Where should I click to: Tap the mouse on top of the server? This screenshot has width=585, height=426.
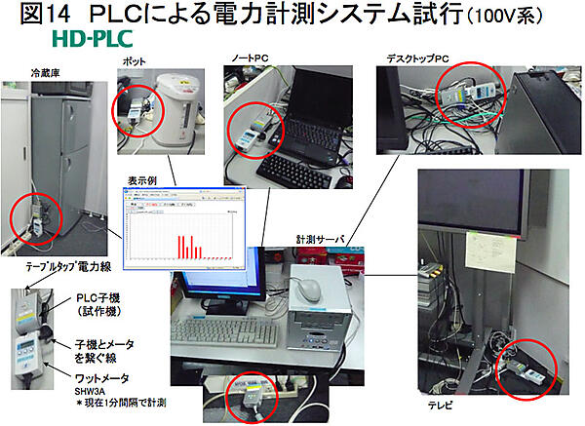[x=310, y=288]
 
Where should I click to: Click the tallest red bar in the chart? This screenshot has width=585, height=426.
[x=180, y=249]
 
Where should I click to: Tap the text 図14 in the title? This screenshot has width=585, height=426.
[x=39, y=17]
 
